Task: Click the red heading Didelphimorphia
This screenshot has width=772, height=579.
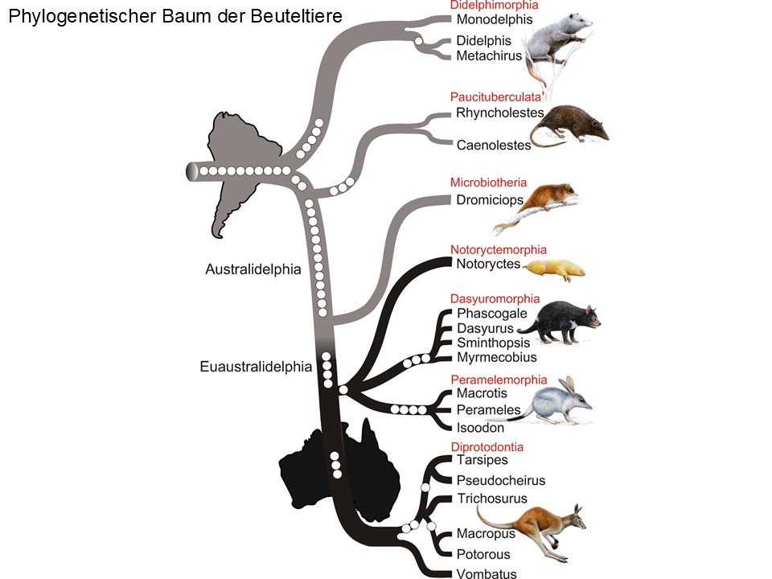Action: tap(494, 6)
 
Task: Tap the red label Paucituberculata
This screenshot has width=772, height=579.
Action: tap(495, 97)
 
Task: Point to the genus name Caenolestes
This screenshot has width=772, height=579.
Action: tap(493, 146)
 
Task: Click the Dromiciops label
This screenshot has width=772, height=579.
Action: tap(490, 200)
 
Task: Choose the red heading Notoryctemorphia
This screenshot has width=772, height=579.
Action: tap(499, 249)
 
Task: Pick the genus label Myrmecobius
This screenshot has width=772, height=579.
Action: tap(496, 357)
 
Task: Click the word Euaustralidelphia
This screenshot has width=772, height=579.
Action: tap(256, 367)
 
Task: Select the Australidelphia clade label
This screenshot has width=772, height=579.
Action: tap(253, 269)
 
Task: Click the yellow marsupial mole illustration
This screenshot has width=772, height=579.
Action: tap(554, 269)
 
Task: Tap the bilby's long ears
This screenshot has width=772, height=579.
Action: tap(569, 385)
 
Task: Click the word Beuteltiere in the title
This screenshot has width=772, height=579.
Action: tap(296, 16)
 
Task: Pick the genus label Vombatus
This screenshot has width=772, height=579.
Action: tap(487, 573)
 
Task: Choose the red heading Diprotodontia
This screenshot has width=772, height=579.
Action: tap(487, 447)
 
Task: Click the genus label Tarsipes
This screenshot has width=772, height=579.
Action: tap(482, 460)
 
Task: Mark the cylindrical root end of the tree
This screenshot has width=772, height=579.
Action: tap(192, 171)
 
